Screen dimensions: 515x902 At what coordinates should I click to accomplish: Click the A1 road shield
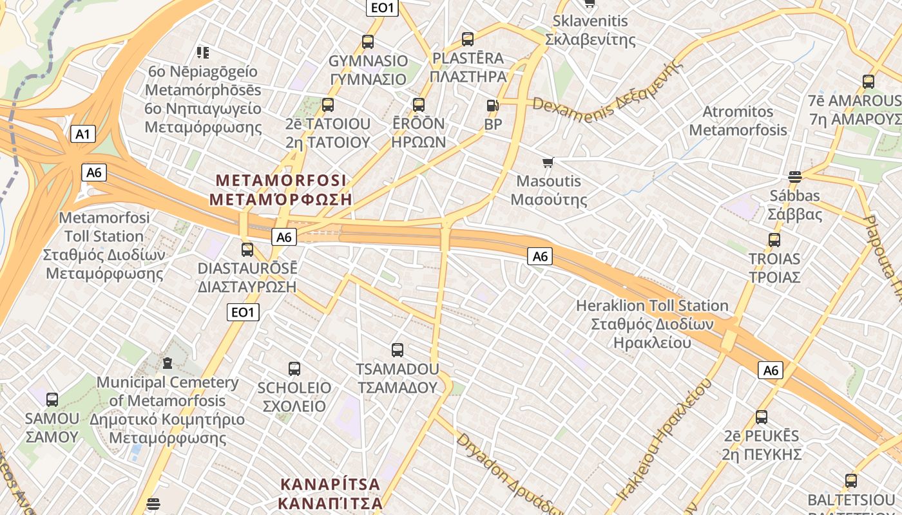(82, 134)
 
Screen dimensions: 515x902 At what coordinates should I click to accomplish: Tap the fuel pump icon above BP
(492, 105)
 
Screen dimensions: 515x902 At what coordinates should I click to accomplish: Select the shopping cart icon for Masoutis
(548, 162)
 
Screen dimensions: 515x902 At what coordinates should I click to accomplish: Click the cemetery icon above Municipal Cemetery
(168, 364)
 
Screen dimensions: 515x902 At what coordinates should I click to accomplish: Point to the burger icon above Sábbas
(794, 177)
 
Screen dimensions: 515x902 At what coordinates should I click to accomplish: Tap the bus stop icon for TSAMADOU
(398, 350)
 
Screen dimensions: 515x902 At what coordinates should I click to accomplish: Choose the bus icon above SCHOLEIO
(294, 369)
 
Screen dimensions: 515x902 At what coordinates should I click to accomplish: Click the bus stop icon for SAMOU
(52, 400)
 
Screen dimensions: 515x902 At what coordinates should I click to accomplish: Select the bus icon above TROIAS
(774, 240)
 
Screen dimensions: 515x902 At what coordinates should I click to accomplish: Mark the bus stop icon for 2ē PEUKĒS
(762, 417)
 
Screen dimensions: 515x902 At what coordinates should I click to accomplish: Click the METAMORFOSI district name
(281, 189)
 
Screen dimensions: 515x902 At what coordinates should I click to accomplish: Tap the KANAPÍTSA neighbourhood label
(331, 493)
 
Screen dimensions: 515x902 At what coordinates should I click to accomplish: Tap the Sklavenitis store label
(590, 30)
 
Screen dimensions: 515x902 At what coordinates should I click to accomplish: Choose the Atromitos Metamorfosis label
(738, 120)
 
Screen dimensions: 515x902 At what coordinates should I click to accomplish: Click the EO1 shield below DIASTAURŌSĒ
(244, 313)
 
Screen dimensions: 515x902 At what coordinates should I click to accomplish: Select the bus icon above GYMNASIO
(368, 42)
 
